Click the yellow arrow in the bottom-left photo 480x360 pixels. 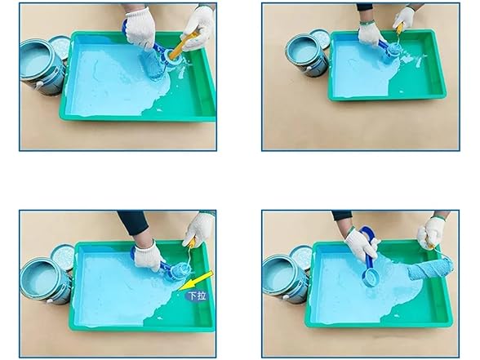point(196,280)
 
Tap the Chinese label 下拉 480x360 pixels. point(197,296)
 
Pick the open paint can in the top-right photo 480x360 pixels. point(307,56)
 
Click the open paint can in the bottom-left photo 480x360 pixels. point(46,281)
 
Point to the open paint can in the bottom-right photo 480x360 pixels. point(286,278)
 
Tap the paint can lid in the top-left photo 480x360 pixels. point(60,47)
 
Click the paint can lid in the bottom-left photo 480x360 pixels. point(63,256)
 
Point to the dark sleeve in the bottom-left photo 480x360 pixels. point(134,222)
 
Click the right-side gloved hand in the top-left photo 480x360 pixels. point(198,27)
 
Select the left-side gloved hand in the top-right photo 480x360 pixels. point(369,33)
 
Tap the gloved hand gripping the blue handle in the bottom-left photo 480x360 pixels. point(149,256)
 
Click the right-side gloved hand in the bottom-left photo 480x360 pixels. point(198,229)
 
